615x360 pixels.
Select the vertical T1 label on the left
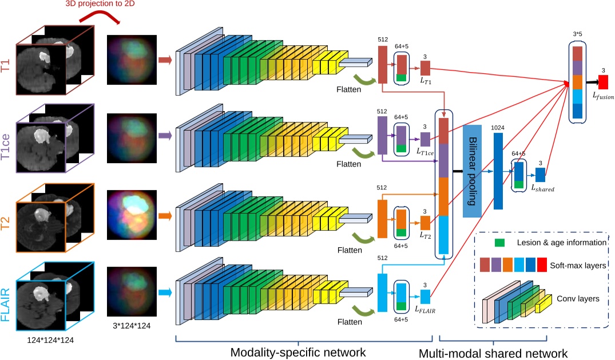pos(7,64)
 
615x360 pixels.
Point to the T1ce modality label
pos(7,141)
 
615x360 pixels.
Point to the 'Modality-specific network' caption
pos(297,351)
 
